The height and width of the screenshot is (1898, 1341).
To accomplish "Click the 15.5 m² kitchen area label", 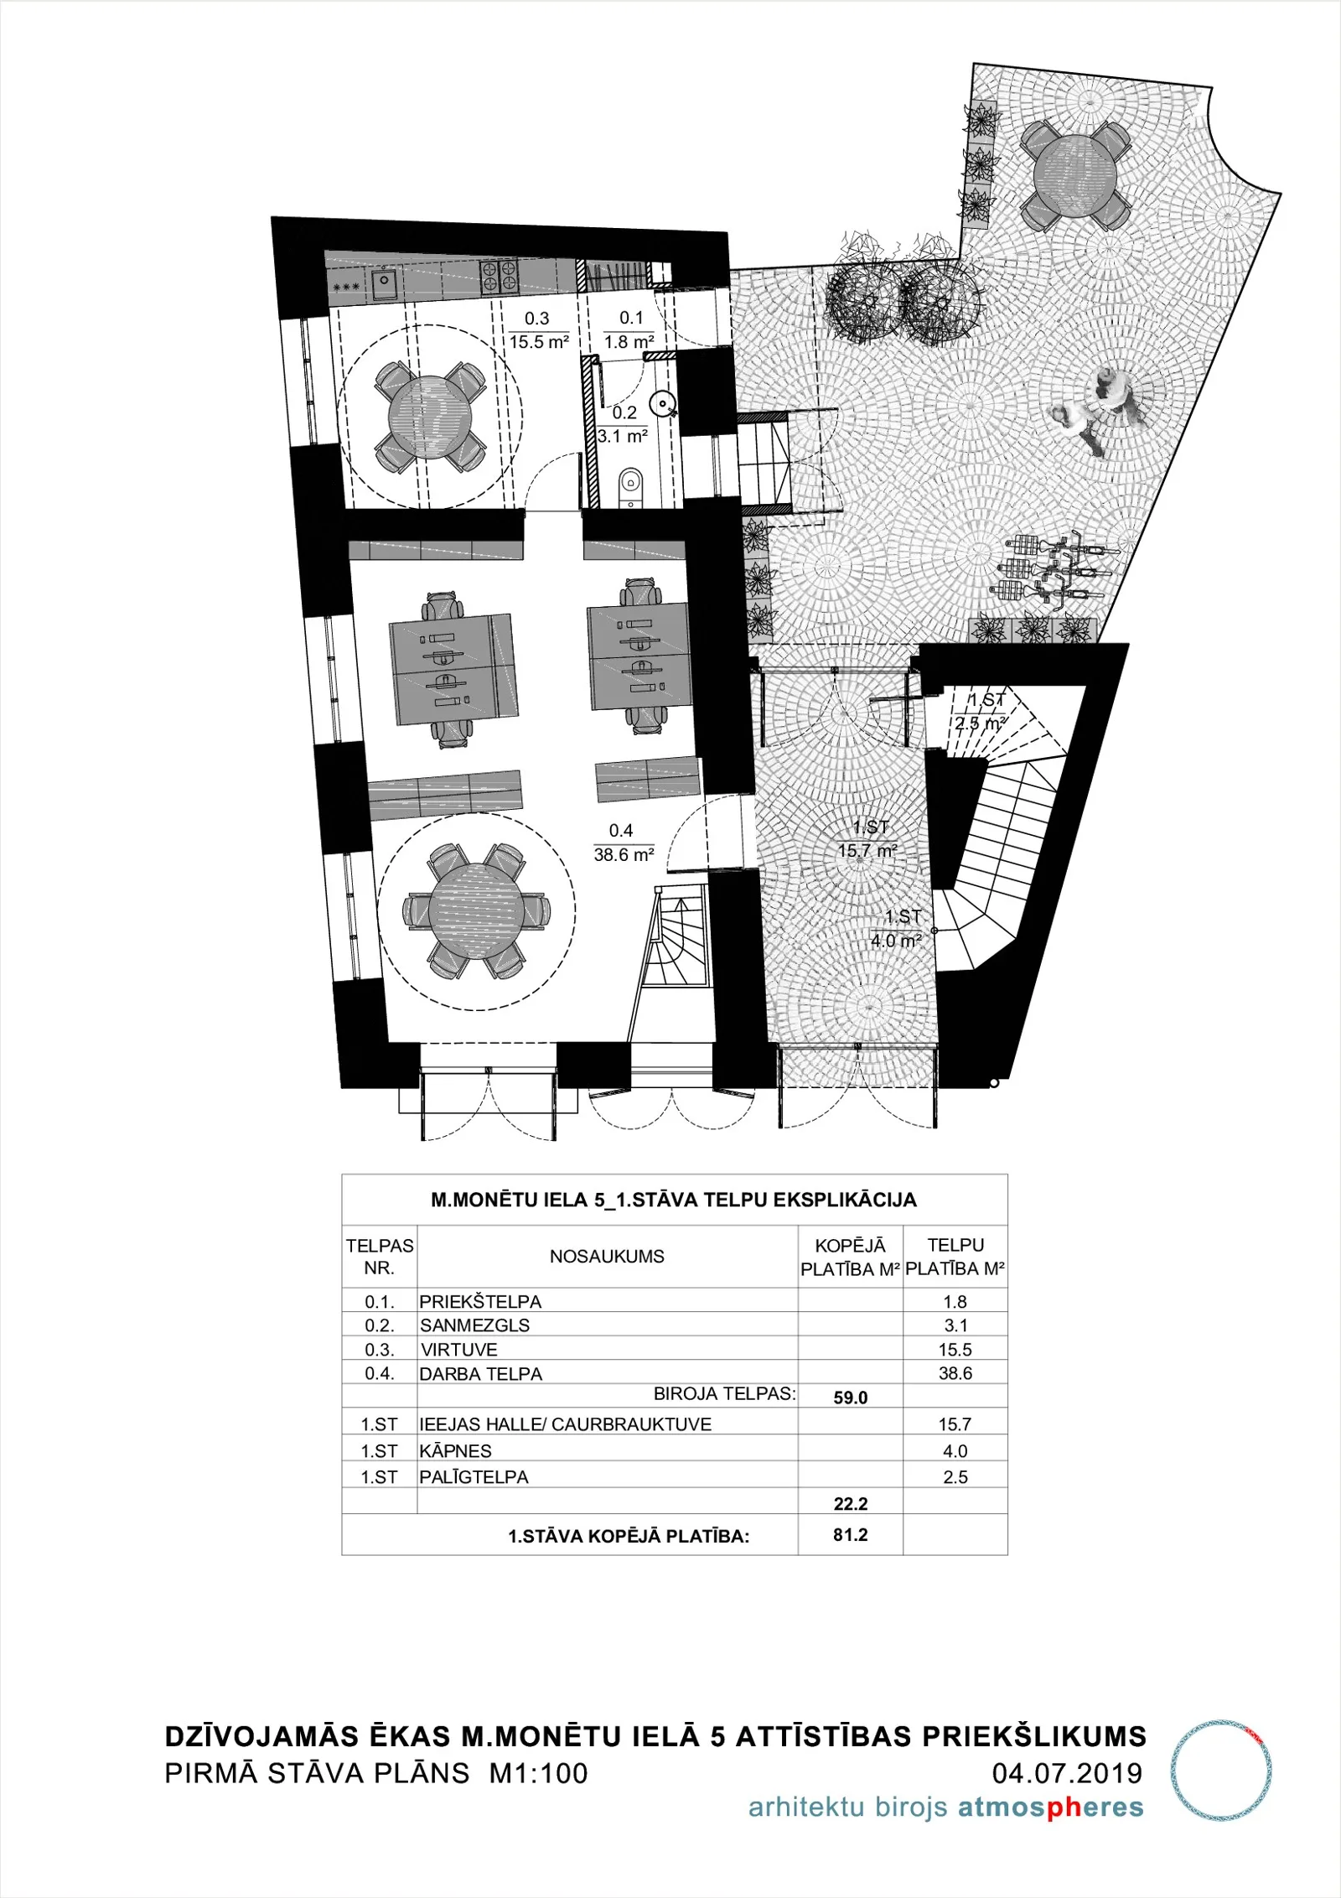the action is point(539,342).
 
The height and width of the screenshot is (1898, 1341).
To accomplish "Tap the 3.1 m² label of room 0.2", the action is point(623,436).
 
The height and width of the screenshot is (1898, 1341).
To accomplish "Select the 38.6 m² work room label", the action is point(624,854).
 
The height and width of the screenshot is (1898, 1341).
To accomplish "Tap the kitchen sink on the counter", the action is point(385,284).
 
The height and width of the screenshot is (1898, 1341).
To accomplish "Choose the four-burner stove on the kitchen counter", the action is point(500,275).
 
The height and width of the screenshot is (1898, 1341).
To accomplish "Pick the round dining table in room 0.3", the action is point(429,417).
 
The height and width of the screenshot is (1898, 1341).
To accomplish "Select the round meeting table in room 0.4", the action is point(477,910).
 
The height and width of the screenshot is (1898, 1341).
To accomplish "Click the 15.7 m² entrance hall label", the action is point(867,850).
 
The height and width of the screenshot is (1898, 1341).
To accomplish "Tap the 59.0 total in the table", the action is point(851,1398).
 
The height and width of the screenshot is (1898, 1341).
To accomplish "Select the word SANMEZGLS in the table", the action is point(475,1325).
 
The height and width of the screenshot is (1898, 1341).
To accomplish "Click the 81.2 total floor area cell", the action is point(851,1535).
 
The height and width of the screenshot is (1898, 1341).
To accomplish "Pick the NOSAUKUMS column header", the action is point(607,1257).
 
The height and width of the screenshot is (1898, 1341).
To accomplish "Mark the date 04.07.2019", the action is point(1068,1773).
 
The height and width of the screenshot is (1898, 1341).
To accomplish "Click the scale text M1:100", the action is point(539,1773).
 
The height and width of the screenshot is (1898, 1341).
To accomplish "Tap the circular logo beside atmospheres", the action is point(1221,1770).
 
